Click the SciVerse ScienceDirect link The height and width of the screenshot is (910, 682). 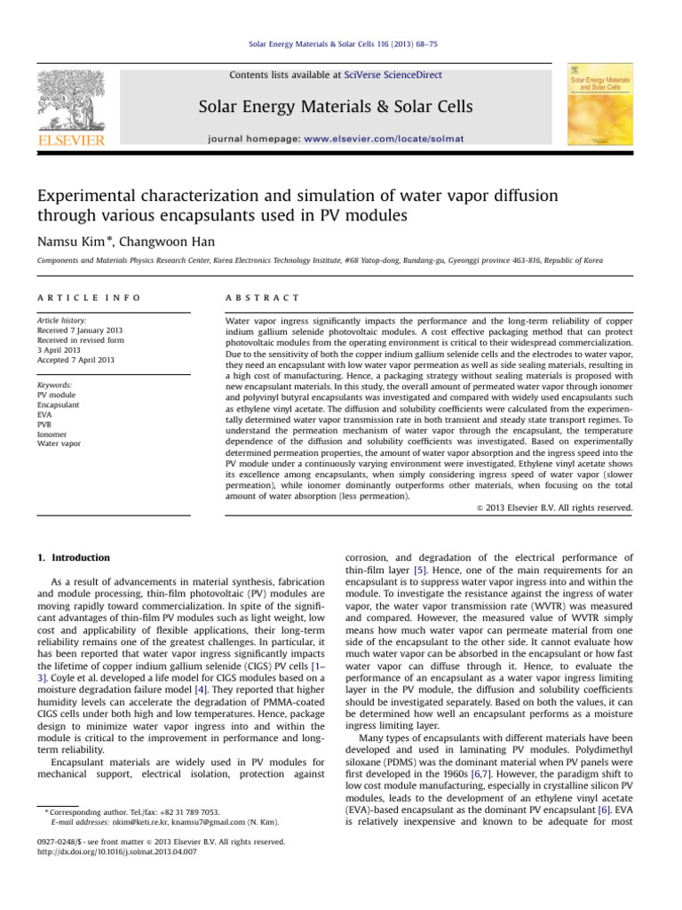pos(396,76)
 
